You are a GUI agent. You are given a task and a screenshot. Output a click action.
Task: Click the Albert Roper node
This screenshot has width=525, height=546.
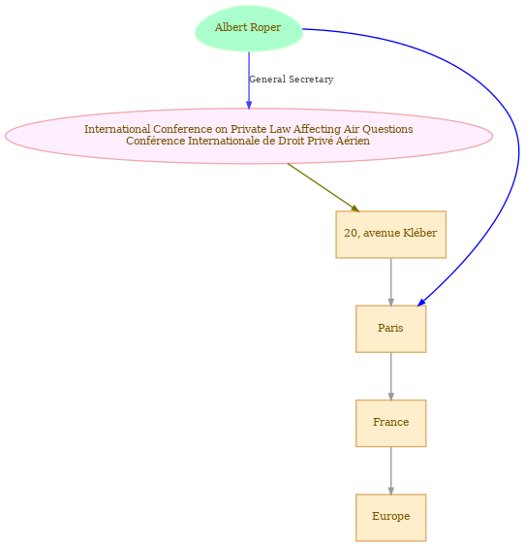(x=249, y=28)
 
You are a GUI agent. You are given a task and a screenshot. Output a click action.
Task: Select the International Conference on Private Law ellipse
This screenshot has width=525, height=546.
(x=249, y=136)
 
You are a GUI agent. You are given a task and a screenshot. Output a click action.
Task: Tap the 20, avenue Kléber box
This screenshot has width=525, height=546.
(x=390, y=235)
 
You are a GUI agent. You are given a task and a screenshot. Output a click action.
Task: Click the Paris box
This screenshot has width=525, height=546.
(x=390, y=329)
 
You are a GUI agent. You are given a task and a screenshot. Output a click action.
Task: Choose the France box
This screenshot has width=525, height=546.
(x=390, y=423)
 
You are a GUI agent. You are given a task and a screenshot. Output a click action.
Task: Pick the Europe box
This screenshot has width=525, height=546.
(x=390, y=518)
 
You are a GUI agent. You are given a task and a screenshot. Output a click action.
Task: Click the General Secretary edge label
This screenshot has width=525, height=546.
(x=291, y=80)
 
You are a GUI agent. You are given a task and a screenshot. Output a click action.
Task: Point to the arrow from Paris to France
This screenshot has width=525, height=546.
(x=390, y=376)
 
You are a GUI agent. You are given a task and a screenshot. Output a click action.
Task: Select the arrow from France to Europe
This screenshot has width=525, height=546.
(x=390, y=470)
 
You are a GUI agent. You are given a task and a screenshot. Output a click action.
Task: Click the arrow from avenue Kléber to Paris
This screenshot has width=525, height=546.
(x=390, y=282)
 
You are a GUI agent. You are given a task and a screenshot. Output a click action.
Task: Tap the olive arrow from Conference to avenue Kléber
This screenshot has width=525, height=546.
(x=324, y=187)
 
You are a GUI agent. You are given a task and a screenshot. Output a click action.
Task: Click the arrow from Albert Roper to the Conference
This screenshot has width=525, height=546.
(x=249, y=80)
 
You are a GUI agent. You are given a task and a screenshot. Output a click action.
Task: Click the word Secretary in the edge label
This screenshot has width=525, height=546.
(x=311, y=80)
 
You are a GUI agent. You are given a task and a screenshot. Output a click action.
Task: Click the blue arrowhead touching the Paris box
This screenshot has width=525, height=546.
(x=421, y=303)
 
